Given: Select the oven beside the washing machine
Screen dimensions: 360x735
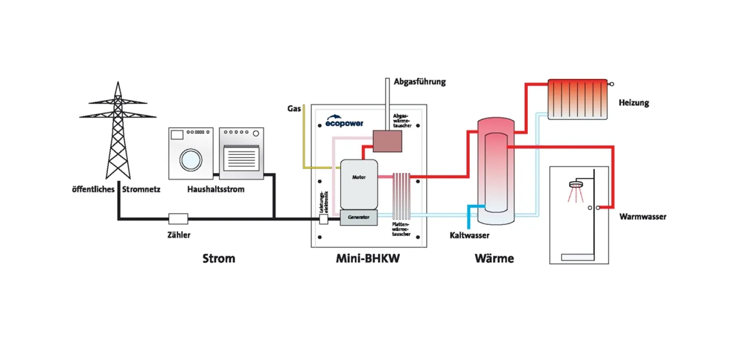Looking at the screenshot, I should [x=241, y=153].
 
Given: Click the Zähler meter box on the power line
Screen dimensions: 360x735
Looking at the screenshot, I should [x=178, y=219].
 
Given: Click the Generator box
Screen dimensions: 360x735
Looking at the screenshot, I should [x=359, y=218].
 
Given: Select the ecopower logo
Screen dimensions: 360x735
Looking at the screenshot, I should [x=345, y=121].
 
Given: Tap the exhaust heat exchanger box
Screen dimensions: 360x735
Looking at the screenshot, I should [x=387, y=141].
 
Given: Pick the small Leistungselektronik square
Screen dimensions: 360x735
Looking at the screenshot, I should [x=324, y=219].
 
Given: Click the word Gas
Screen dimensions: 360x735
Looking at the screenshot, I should [x=294, y=109].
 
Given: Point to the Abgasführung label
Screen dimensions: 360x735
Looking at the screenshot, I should [x=420, y=82].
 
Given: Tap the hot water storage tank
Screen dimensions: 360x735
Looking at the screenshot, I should [x=496, y=171].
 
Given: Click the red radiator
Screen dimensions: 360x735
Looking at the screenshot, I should [x=577, y=99].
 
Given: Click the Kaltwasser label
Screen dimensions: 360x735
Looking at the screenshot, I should [x=470, y=235].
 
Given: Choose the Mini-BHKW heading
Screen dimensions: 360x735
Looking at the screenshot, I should [x=367, y=258].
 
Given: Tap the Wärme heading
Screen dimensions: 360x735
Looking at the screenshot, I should [x=494, y=258].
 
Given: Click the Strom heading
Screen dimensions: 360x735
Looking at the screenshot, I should [x=219, y=258].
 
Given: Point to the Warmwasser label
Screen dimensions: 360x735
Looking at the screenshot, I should [x=643, y=217].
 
